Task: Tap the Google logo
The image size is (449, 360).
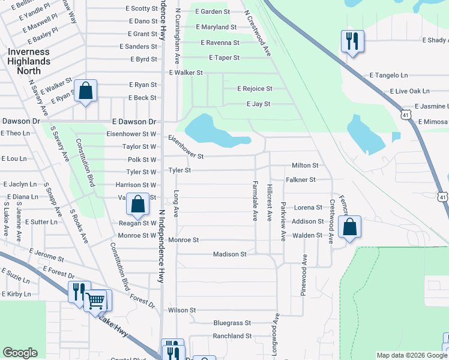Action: click(20, 353)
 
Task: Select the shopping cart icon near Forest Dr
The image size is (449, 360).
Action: click(95, 300)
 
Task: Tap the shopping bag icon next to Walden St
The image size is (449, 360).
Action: click(349, 227)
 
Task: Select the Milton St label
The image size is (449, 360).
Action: click(305, 165)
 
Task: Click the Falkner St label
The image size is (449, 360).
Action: click(301, 179)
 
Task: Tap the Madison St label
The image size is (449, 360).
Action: click(230, 254)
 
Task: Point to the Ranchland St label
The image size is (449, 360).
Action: click(232, 336)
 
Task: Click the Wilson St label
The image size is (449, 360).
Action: click(182, 310)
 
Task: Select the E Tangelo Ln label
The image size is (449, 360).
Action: click(388, 76)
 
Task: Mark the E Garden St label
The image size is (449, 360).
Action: click(212, 11)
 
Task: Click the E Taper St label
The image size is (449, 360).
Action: click(224, 58)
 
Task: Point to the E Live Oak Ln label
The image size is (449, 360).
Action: click(409, 91)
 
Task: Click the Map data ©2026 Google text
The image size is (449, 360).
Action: click(412, 355)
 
